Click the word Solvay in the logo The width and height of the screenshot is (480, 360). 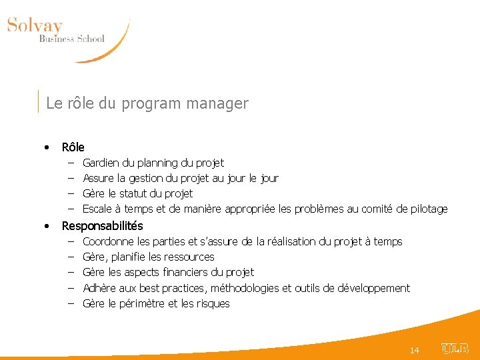coord(35,26)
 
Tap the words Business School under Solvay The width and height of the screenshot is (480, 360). coord(71,39)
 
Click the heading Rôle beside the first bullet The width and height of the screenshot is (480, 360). coord(73,147)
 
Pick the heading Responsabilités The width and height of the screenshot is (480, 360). coord(102,226)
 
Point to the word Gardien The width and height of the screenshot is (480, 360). coord(101,163)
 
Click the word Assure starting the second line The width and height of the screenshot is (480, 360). coord(99,178)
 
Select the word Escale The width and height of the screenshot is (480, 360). coord(97,209)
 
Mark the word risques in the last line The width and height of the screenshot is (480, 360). coord(213,303)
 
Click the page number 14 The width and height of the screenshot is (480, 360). coord(414,350)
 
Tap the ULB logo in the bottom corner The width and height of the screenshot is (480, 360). coord(455,348)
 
